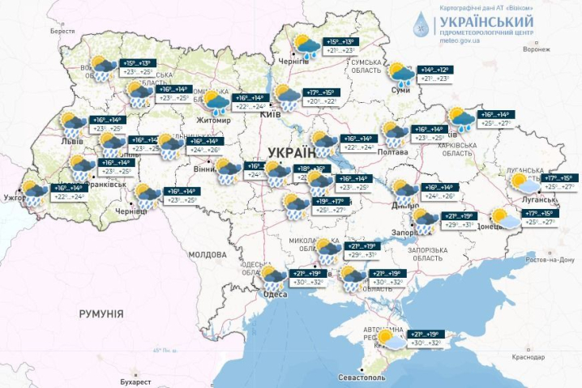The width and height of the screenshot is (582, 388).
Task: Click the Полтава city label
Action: pyautogui.click(x=392, y=151)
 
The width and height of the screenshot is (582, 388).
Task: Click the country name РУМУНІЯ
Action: pyautogui.click(x=101, y=313)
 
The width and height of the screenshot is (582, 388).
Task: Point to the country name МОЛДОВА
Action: pyautogui.click(x=208, y=254)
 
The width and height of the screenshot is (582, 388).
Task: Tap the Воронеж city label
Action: pyautogui.click(x=536, y=49)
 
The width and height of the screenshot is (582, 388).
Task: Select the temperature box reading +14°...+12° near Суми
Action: pyautogui.click(x=434, y=70)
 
